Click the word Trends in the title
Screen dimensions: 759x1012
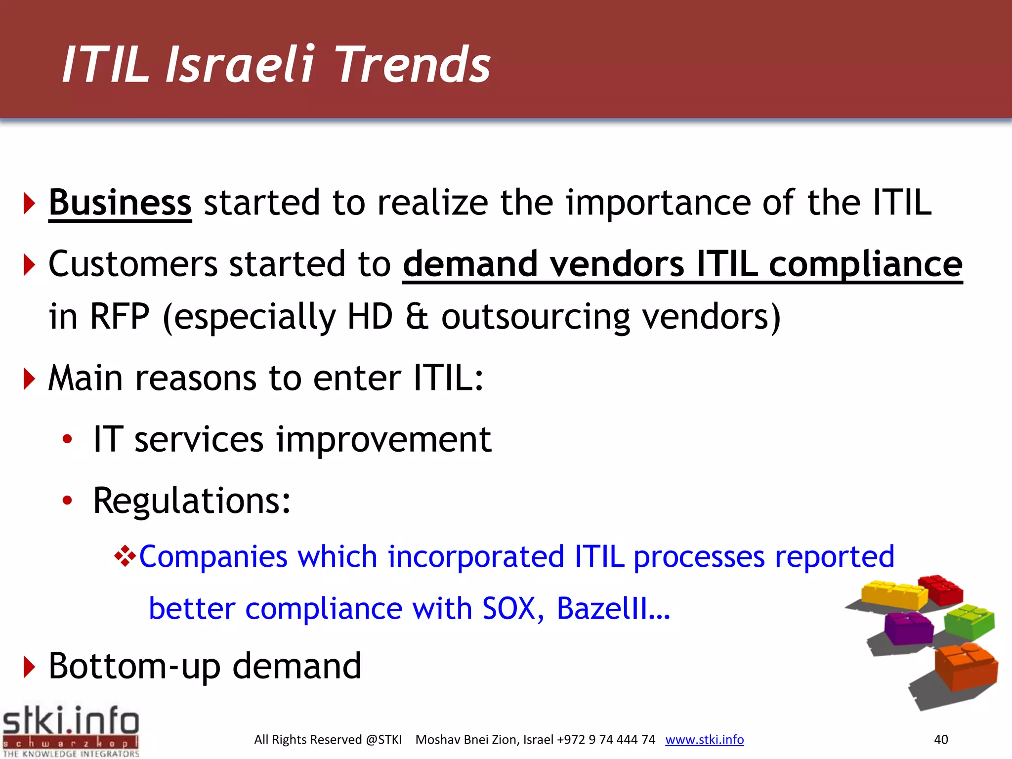[x=413, y=64]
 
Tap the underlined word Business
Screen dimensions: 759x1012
[x=120, y=203]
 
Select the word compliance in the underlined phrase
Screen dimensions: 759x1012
[x=865, y=264]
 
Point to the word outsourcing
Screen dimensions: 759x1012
[x=535, y=316]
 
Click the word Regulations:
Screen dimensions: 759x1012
[x=192, y=501]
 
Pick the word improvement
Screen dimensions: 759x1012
[x=383, y=439]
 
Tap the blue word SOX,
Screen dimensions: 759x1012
[x=513, y=608]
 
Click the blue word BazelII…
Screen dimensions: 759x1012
[x=613, y=608]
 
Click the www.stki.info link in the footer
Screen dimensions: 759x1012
[x=704, y=739]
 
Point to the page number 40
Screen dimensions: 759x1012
[x=940, y=739]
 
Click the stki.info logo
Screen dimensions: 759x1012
[x=71, y=730]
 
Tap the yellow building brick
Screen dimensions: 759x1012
[x=893, y=595]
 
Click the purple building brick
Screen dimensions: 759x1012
[x=908, y=628]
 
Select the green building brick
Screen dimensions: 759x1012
[x=969, y=621]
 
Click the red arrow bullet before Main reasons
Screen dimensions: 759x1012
[x=29, y=379]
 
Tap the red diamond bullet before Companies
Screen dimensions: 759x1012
[x=125, y=556]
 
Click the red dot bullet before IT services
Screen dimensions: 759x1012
[x=67, y=439]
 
